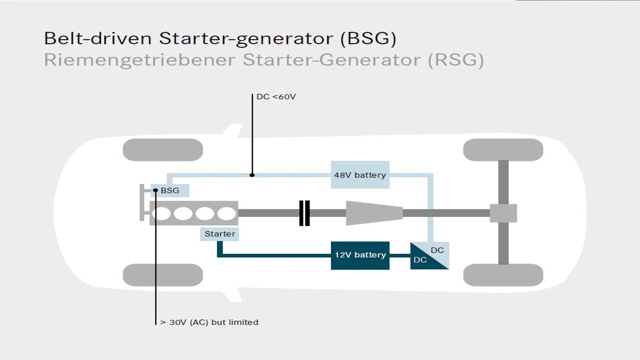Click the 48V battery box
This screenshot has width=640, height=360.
tap(360, 175)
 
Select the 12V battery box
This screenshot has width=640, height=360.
tap(360, 255)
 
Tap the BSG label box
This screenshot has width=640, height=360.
tap(170, 191)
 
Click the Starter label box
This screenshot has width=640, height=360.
tap(220, 234)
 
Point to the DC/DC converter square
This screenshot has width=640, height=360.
tap(429, 255)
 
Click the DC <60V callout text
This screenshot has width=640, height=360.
tap(276, 97)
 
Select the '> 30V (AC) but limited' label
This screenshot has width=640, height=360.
tap(209, 322)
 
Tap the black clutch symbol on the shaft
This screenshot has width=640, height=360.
tap(304, 213)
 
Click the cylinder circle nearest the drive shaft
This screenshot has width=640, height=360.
tap(227, 213)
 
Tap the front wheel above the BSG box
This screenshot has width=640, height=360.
tap(163, 150)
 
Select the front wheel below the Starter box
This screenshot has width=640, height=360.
tap(163, 275)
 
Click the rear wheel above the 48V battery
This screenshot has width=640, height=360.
tap(503, 150)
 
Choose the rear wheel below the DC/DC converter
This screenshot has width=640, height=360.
tap(503, 275)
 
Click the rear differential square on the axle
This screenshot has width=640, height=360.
tap(503, 213)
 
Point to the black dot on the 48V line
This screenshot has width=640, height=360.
tap(252, 175)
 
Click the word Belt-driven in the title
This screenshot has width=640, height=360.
tap(98, 38)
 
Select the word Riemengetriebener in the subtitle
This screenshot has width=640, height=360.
tap(140, 60)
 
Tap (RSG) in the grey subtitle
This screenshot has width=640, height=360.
tap(456, 60)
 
